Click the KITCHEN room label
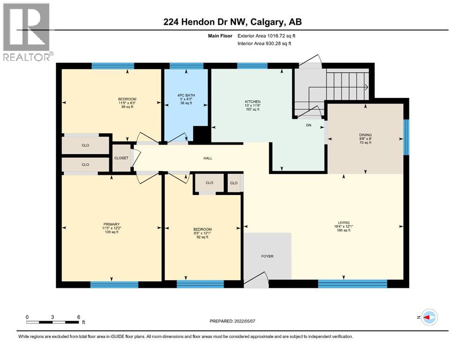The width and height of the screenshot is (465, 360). pyautogui.click(x=253, y=102)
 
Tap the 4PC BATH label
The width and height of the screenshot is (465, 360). pyautogui.click(x=186, y=95)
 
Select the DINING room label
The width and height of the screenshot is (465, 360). pyautogui.click(x=365, y=135)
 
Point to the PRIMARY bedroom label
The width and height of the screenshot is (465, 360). pyautogui.click(x=111, y=224)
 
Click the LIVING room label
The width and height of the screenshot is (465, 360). pyautogui.click(x=344, y=222)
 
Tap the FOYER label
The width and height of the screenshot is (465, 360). pyautogui.click(x=267, y=256)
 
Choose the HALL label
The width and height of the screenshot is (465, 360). pyautogui.click(x=208, y=158)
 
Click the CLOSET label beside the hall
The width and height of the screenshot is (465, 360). pyautogui.click(x=121, y=158)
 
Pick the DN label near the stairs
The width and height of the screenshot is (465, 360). pyautogui.click(x=309, y=125)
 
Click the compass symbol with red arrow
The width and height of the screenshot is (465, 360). pyautogui.click(x=429, y=317)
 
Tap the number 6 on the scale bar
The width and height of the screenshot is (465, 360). pyautogui.click(x=79, y=317)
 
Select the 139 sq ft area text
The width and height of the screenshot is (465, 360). pyautogui.click(x=111, y=232)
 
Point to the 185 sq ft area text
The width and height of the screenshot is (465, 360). pyautogui.click(x=344, y=230)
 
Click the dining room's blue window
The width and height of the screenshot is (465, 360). pyautogui.click(x=406, y=137)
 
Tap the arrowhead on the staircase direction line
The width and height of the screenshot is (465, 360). pyautogui.click(x=366, y=87)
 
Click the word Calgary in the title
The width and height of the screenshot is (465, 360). pyautogui.click(x=266, y=22)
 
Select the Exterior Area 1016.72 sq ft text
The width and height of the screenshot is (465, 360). pyautogui.click(x=266, y=36)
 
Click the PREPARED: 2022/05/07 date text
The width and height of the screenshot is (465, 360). pyautogui.click(x=232, y=321)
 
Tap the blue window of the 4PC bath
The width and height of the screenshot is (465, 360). pyautogui.click(x=186, y=66)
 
